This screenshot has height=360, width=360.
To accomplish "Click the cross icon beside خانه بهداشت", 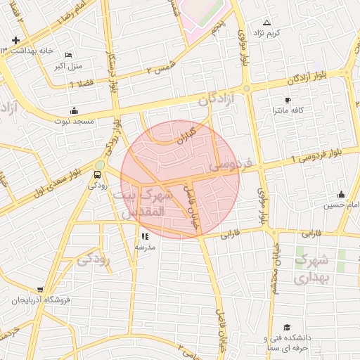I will coord(15,41).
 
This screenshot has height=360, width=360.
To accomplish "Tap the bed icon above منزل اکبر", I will coord(68,56).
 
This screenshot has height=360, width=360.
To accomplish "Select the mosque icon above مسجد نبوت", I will coord(74,110).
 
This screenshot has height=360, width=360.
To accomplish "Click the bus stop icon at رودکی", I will coord(98,174).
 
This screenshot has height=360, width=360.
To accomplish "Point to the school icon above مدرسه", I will coord(145,237).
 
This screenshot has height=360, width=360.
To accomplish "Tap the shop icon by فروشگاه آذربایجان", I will coord(40,289).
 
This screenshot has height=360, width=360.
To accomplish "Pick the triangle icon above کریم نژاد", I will coord(266,22).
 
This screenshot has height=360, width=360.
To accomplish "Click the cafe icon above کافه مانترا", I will coord(287,100).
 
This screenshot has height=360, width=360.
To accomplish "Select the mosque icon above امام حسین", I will coord(342,195).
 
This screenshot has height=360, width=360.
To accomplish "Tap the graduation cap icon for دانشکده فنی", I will coord(286,328).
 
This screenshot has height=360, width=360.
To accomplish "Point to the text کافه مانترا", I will coord(288,111).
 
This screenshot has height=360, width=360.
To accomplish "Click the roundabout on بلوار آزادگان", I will coord(247,88).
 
